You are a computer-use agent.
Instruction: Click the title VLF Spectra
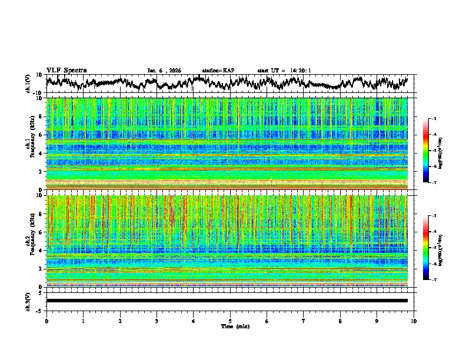[x=66, y=70]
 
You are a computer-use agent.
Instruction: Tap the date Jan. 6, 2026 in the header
[x=165, y=71]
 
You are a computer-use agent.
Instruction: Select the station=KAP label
[x=218, y=71]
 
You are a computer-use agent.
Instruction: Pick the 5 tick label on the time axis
[x=230, y=321]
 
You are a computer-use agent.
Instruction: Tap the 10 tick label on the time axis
[x=414, y=321]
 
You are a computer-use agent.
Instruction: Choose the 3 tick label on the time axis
[x=157, y=321]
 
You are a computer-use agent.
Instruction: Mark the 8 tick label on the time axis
[x=340, y=321]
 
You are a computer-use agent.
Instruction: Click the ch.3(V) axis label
[x=28, y=300]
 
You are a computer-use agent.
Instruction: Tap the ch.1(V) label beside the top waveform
[x=28, y=84]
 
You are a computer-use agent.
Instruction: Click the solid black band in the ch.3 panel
[x=227, y=301]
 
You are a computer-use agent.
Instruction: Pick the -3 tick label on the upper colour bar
[x=434, y=119]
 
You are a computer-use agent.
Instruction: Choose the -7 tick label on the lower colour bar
[x=434, y=280]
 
